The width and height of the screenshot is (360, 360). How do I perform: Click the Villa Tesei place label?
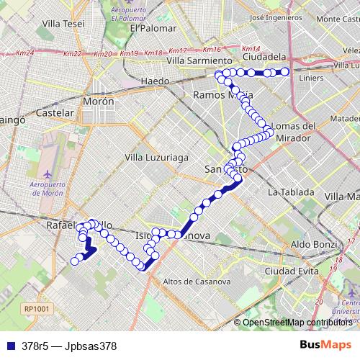[x=63, y=24]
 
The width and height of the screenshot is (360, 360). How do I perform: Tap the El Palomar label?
[x=153, y=28]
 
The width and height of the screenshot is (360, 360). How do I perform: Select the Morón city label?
[x=99, y=102]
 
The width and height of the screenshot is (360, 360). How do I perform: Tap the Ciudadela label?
[x=265, y=56]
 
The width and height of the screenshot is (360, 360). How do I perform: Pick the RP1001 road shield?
[x=36, y=308]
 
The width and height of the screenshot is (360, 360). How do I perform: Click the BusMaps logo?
[x=322, y=345]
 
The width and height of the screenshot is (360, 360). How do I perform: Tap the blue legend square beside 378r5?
[x=11, y=346]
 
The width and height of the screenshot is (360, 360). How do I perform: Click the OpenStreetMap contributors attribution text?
[x=298, y=323]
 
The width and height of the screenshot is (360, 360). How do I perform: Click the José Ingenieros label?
[x=274, y=17]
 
